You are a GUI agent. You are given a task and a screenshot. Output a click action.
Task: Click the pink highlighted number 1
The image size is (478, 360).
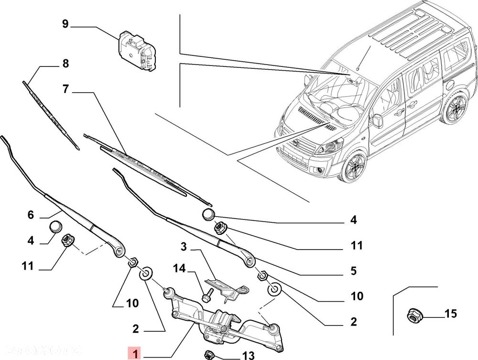pos(135,354)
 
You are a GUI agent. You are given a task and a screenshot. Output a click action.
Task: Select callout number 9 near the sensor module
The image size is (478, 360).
pos(65,23)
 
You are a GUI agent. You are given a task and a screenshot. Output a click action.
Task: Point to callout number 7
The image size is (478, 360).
pos(65,89)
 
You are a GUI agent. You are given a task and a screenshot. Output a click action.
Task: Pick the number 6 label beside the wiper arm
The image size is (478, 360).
pos(31,215)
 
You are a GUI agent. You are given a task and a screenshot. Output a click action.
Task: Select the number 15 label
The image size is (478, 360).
pos(450,314)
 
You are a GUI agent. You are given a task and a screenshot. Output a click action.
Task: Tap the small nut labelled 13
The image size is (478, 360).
pos(208,354)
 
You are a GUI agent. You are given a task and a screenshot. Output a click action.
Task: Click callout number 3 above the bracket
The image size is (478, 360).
pos(183,247)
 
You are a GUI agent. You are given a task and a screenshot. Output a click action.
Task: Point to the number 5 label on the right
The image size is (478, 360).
pos(353,271)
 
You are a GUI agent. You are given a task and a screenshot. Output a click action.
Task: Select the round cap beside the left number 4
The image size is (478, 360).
pos(56,226)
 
